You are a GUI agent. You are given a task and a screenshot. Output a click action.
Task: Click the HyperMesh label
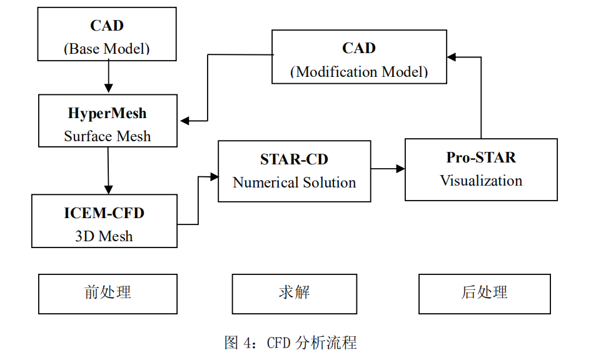(x=107, y=113)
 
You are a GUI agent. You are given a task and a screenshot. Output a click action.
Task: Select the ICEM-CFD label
(x=104, y=212)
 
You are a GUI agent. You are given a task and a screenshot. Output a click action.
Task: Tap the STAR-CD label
(x=294, y=159)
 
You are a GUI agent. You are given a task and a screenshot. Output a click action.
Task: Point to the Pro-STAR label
(x=481, y=157)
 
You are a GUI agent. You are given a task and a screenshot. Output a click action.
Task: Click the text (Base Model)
(x=107, y=49)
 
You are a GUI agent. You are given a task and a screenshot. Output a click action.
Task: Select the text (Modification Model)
(x=359, y=71)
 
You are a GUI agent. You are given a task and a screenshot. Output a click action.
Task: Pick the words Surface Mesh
(x=107, y=136)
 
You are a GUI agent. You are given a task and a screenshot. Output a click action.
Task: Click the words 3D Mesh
(x=104, y=236)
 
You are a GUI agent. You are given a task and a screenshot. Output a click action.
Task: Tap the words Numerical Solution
(x=294, y=182)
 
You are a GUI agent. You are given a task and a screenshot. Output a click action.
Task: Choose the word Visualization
(x=481, y=181)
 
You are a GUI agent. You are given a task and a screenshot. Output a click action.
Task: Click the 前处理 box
(x=108, y=293)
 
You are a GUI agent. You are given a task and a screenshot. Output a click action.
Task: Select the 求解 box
(x=294, y=293)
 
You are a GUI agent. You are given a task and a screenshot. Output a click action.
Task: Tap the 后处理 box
(x=484, y=293)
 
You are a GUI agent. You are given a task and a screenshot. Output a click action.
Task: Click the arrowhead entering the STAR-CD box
(x=213, y=177)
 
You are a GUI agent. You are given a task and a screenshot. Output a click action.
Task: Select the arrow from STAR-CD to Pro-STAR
(x=388, y=168)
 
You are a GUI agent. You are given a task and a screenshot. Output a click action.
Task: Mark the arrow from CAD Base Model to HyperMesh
(x=108, y=77)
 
